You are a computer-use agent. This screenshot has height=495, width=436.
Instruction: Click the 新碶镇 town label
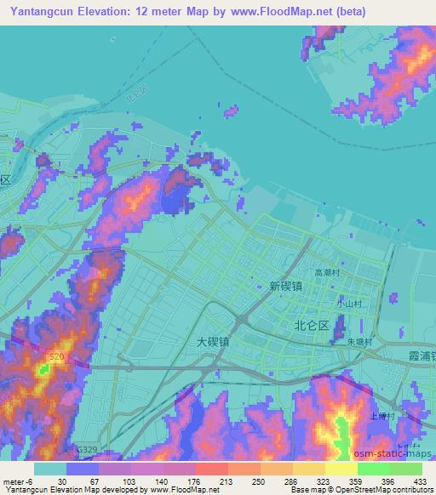tap(286, 287)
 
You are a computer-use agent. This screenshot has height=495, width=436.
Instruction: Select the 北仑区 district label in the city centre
tap(312, 325)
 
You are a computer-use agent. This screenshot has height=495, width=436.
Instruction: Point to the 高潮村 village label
tap(327, 274)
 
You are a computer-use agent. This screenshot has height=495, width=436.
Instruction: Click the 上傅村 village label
tap(381, 417)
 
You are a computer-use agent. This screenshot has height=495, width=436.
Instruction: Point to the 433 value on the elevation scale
tap(418, 481)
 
